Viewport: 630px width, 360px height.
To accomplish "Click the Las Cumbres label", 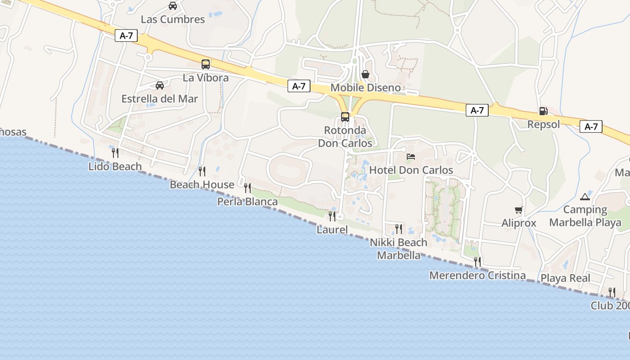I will click(173, 19).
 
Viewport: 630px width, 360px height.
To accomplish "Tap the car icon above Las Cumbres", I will click(173, 6).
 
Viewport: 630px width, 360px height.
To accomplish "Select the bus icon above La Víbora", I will click(206, 64).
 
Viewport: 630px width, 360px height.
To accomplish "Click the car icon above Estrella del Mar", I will click(160, 85).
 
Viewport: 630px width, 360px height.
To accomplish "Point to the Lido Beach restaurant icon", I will click(115, 153).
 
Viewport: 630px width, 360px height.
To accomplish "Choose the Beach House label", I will click(202, 184).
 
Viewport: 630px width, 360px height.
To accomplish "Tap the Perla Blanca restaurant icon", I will click(247, 188).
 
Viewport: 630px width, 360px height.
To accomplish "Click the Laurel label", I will click(332, 229).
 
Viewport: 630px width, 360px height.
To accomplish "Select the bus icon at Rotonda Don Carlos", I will click(345, 117).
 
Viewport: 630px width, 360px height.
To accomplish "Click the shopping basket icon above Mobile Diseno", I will click(365, 74).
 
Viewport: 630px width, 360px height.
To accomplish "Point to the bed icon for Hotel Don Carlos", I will click(411, 157).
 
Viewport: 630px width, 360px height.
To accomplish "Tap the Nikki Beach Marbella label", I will click(399, 249).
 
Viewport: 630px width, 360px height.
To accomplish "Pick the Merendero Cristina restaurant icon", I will click(477, 261).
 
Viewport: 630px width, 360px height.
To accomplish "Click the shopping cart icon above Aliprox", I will click(519, 210).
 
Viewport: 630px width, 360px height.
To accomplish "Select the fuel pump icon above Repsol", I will click(544, 111).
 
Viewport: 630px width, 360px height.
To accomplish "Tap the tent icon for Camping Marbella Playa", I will click(585, 196).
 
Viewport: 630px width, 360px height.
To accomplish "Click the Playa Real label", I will click(565, 278).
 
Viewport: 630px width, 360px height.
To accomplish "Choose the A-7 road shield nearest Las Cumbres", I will click(126, 36).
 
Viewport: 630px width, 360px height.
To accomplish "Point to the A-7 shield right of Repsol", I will click(591, 126).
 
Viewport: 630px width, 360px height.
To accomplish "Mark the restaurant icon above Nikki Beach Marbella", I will click(399, 229).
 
